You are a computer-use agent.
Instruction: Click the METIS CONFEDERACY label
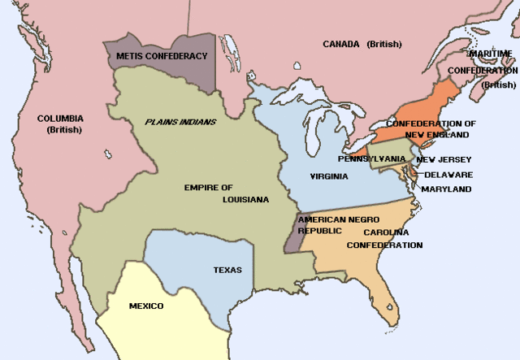pos(162,55)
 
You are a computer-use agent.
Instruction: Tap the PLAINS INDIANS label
pos(180,122)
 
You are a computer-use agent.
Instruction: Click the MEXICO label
pos(146,306)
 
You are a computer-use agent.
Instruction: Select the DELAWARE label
pos(448,174)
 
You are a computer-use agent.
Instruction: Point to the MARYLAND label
pos(446,189)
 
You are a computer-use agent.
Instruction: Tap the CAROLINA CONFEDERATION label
pos(384,238)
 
